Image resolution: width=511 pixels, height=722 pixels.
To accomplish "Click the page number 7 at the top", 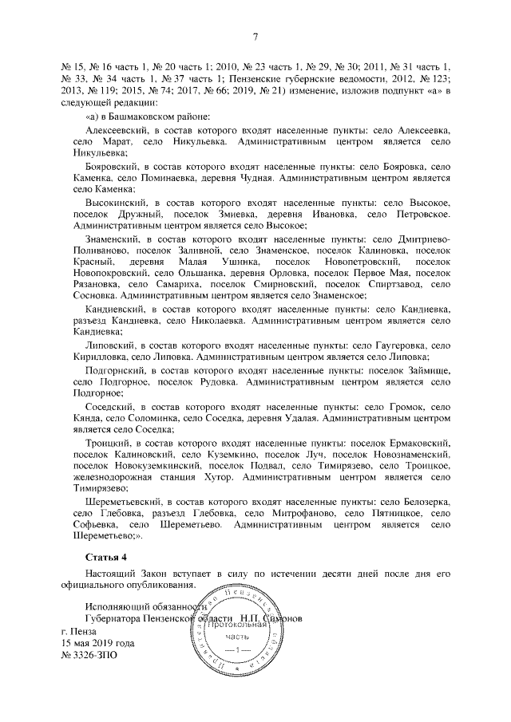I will pos(255,36).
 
